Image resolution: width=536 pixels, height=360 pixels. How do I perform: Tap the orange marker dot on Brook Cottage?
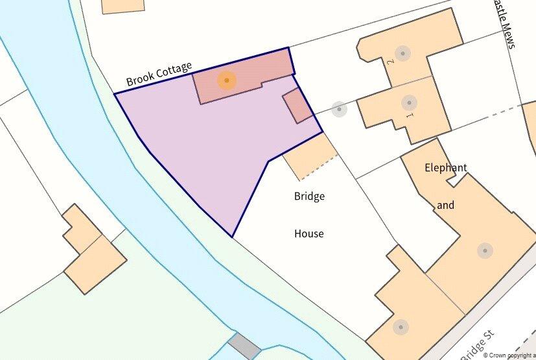[226, 80]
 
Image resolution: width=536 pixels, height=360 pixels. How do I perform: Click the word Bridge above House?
[309, 196]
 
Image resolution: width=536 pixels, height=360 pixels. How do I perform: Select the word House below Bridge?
[309, 234]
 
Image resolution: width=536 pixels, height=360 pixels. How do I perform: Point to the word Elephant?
[445, 167]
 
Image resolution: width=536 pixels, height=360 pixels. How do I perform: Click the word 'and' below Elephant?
[445, 205]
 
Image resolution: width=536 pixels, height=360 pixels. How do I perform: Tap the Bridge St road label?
[477, 344]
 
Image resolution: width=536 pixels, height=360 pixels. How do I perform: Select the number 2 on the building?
[390, 62]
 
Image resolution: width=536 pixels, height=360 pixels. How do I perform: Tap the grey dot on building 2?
[403, 53]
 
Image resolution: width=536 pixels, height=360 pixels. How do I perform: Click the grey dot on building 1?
[408, 102]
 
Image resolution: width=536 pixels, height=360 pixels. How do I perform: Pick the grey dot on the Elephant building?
[484, 250]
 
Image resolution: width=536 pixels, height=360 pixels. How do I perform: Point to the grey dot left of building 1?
[338, 109]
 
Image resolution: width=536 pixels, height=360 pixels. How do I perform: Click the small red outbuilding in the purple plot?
[297, 106]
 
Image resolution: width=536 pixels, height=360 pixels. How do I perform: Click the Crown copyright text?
[508, 355]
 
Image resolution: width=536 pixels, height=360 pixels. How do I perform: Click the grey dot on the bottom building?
[400, 326]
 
